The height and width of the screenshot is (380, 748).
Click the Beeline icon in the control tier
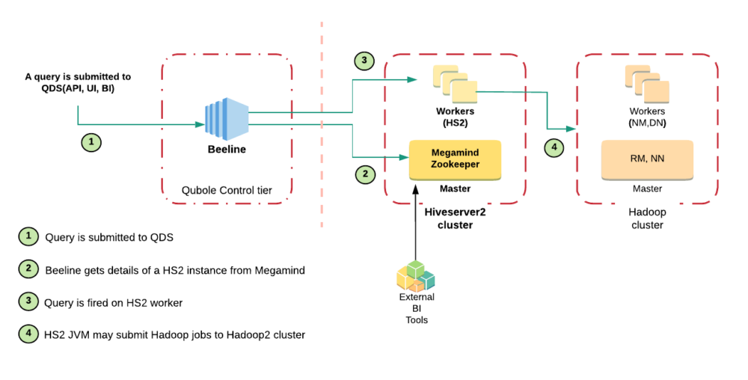point(227,120)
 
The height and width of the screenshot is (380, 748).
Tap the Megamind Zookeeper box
point(455,159)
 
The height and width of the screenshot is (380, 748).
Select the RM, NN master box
point(647,159)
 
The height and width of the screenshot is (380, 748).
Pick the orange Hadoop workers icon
point(647,83)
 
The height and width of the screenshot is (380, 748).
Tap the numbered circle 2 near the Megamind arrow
point(364,175)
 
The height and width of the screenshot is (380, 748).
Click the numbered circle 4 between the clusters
point(554,148)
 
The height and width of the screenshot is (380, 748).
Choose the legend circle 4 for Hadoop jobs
point(28,334)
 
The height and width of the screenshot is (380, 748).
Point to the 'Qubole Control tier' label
point(227,191)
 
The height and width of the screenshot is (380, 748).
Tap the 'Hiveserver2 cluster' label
point(455,218)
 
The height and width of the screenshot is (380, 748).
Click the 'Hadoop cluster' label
point(647,218)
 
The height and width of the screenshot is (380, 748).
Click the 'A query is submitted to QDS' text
point(78,82)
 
